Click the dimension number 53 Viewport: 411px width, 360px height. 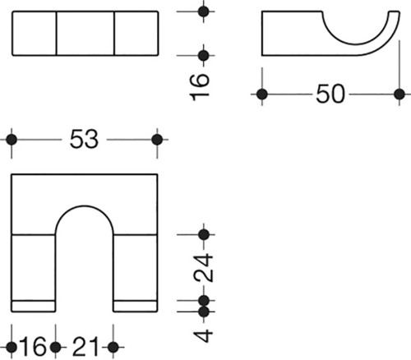(x=84, y=139)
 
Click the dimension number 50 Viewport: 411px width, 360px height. (x=330, y=94)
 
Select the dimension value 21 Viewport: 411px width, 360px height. (x=85, y=347)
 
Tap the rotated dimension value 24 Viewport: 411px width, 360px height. (x=203, y=268)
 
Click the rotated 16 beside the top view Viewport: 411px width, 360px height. (x=199, y=87)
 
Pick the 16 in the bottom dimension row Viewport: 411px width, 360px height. (x=33, y=347)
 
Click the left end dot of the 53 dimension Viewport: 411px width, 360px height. (x=12, y=140)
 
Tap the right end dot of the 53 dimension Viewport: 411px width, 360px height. (x=157, y=140)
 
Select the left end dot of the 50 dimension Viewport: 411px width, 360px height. (x=262, y=95)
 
